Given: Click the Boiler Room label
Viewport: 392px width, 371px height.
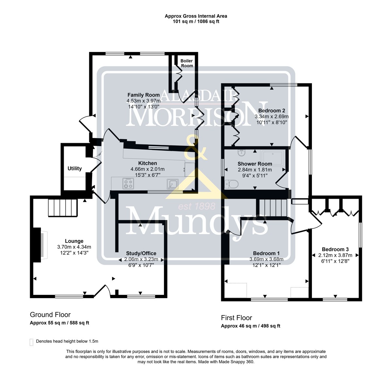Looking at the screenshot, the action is pos(187,63).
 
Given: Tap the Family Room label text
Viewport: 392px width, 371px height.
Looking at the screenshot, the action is pos(143,95).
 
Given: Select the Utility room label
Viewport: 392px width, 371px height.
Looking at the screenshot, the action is pos(74,168).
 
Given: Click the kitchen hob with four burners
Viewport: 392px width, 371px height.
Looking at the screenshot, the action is pos(128,183).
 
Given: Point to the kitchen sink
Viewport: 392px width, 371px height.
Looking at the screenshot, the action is pos(173,184).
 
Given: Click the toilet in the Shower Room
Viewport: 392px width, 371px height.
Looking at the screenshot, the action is pos(231,184).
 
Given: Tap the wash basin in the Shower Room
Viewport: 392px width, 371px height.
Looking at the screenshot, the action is pos(241,153).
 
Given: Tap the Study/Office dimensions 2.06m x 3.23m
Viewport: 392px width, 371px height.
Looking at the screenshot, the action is pos(141,259).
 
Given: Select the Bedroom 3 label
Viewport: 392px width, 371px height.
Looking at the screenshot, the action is pos(335,249).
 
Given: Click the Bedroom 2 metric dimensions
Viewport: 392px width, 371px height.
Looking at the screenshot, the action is pos(271,116).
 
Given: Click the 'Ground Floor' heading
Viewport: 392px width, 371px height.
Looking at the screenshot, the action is pos(50,315).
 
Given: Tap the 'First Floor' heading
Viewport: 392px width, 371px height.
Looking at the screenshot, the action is pos(237,318).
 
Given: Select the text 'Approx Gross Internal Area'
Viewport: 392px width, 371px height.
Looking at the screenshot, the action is pos(196,16).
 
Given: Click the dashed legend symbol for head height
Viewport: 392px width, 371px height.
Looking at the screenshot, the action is pos(31,342).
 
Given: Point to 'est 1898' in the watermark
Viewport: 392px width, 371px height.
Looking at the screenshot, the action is pos(197,206).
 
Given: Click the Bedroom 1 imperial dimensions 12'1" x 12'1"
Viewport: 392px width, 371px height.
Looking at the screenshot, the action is pos(267,265).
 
